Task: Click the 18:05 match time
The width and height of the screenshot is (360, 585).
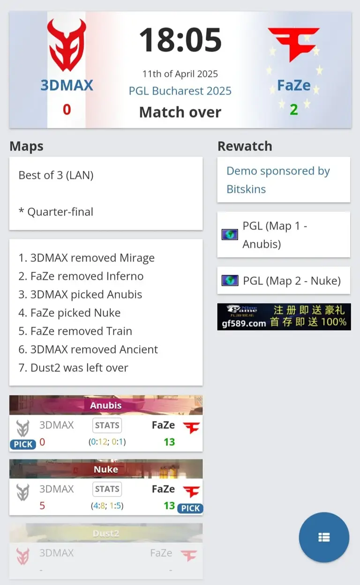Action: pos(180,40)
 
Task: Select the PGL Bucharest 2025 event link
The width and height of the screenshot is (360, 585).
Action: pos(180,90)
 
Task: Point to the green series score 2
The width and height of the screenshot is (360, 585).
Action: pos(293,110)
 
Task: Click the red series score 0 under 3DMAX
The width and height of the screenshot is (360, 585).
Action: pos(67,110)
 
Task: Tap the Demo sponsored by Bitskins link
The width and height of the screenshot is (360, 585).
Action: pos(278,180)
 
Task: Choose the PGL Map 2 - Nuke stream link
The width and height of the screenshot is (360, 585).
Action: pos(291,281)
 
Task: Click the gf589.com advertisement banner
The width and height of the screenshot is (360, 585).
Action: pos(284,317)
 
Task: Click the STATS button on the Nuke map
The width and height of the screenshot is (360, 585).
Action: pos(107,489)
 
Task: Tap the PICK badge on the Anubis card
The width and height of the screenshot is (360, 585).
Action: pos(23,444)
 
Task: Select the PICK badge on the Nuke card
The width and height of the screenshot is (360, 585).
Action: pos(190,508)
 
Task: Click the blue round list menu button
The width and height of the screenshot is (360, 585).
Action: pos(324,537)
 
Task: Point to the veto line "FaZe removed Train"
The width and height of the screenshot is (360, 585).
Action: pos(75,331)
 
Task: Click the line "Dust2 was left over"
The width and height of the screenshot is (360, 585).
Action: pos(73,368)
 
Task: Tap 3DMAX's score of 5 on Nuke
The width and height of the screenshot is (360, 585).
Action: pos(42,506)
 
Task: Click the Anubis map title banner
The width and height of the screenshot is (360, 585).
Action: pos(106,405)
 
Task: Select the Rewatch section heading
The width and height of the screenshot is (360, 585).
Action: pos(245,146)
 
